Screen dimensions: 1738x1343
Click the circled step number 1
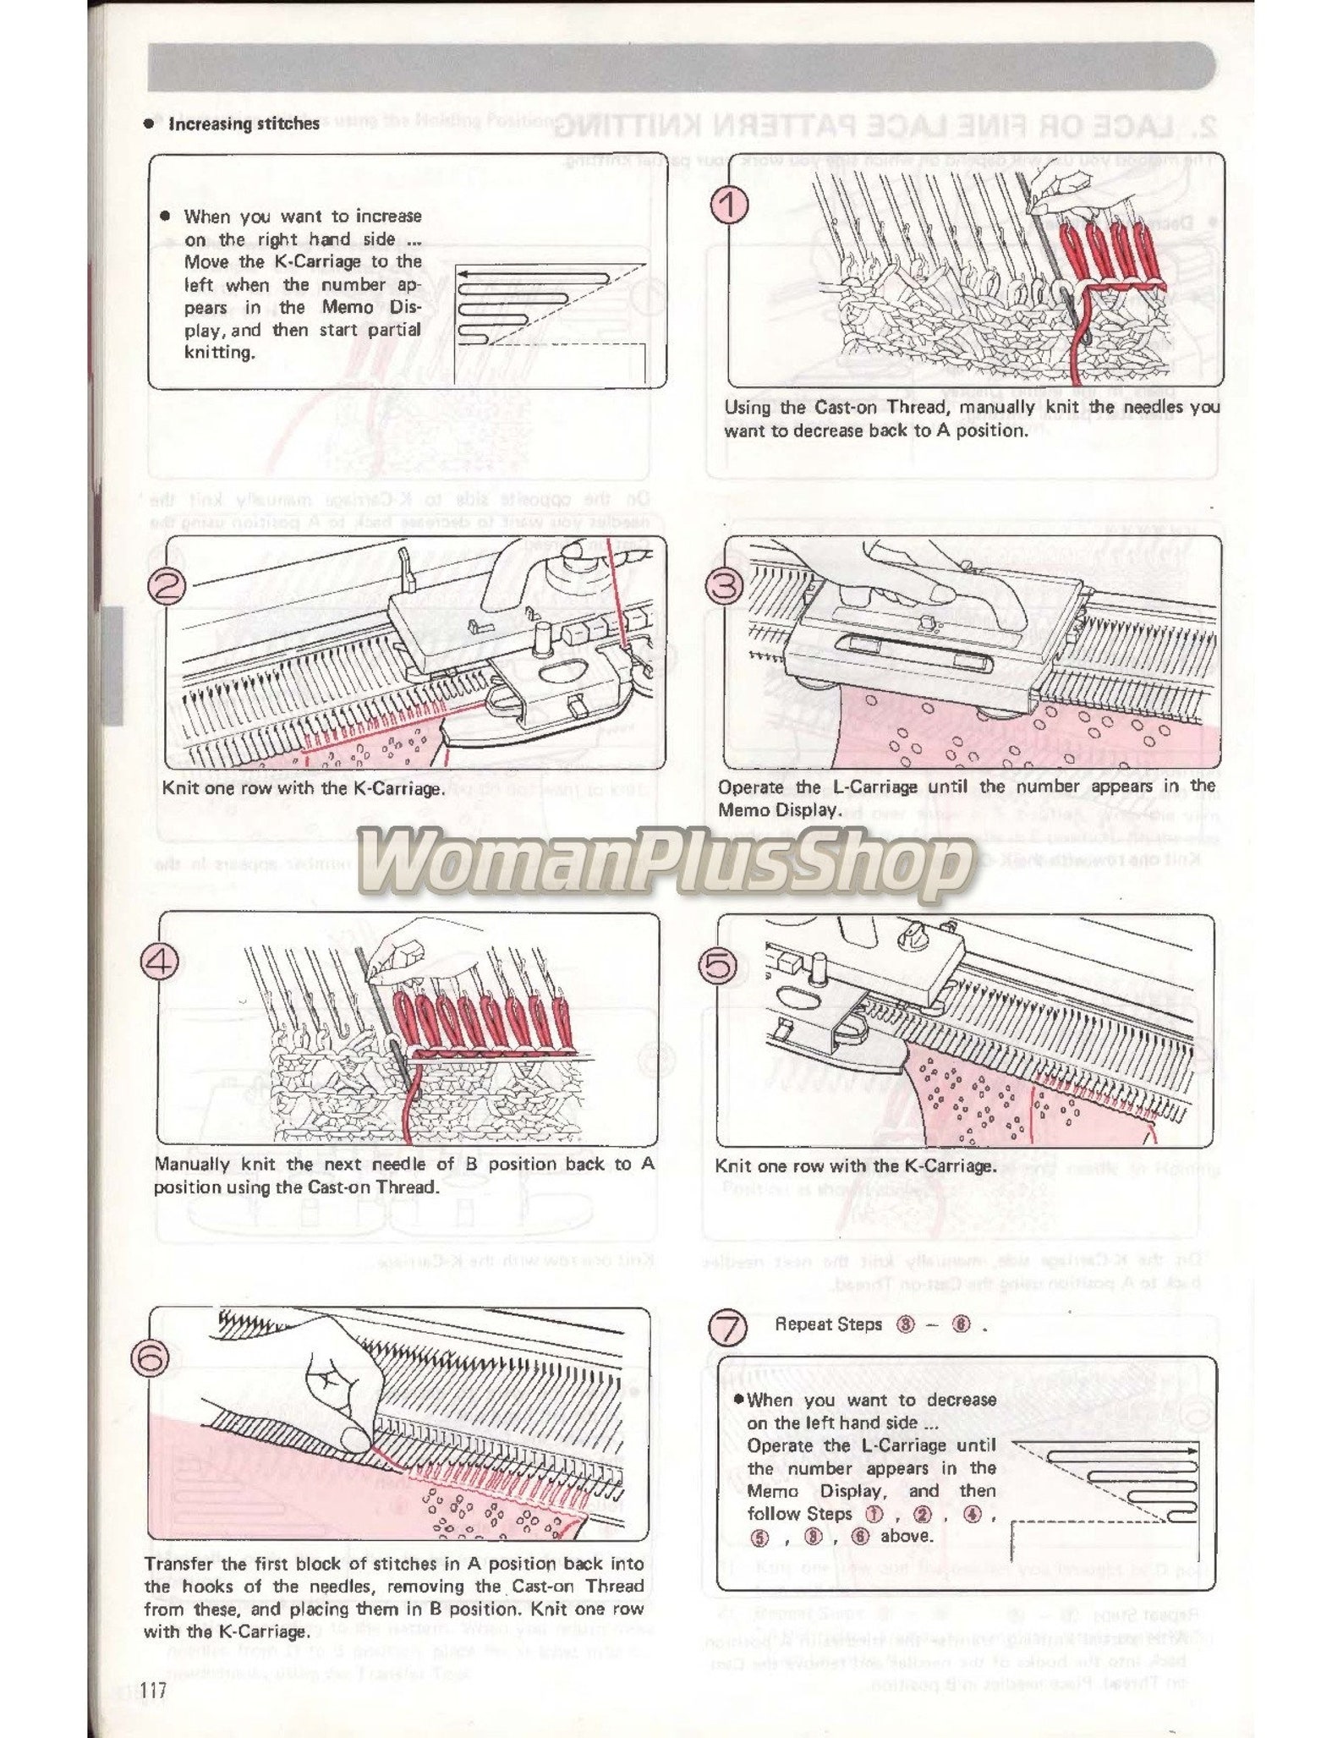[x=729, y=205]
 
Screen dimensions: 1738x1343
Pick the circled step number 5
[x=720, y=965]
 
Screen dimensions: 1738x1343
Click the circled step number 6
[x=151, y=1358]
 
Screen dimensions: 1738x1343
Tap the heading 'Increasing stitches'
[x=244, y=124]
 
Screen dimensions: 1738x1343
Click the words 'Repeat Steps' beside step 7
[x=828, y=1324]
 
